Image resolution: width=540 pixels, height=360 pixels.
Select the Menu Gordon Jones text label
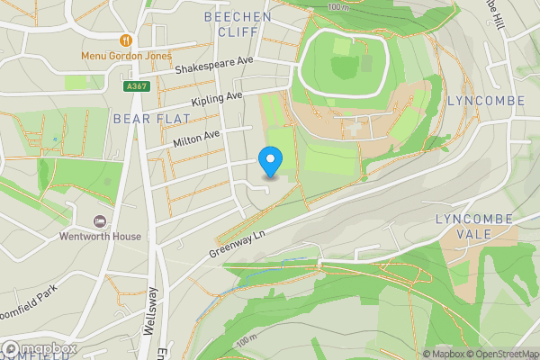click(126, 55)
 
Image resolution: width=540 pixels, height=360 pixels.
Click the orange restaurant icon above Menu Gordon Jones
click(126, 40)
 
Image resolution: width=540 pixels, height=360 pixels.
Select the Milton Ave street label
click(196, 136)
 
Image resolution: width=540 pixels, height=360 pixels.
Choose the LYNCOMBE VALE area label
click(473, 226)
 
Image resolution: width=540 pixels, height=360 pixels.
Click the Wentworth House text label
click(100, 237)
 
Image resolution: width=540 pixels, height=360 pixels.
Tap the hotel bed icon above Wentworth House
click(100, 221)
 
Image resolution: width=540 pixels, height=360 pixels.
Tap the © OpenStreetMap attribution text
click(502, 354)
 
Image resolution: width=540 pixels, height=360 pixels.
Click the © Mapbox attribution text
click(443, 354)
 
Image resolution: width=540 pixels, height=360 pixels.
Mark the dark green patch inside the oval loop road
click(344, 66)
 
